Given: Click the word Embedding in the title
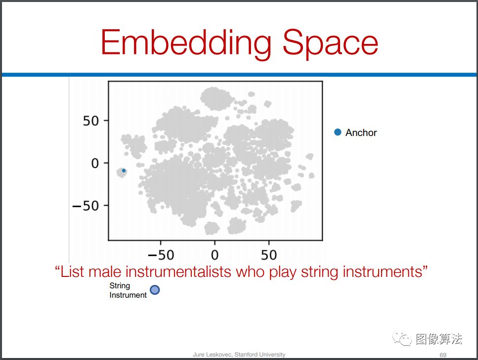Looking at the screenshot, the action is coord(186,43).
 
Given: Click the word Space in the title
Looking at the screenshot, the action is coord(330,43).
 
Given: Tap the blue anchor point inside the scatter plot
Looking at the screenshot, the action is coord(124,171).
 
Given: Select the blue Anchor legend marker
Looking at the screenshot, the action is coord(338,132).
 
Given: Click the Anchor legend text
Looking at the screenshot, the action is coord(361,133).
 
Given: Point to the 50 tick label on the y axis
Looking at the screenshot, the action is coord(91,121).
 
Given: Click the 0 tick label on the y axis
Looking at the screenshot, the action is coord(95,164).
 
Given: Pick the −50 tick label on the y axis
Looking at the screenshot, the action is coord(86,206).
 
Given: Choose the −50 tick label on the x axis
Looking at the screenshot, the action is coord(161,255).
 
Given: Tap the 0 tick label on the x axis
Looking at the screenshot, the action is coord(215,255).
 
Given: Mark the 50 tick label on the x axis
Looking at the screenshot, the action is coord(269,255).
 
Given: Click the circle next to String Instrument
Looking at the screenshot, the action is coord(155,290).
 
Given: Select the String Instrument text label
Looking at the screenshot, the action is coord(128,290).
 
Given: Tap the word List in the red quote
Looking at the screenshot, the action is coord(72,271).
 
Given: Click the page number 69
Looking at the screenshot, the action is coord(443,355).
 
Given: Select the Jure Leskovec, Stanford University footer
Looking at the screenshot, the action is coord(239,355).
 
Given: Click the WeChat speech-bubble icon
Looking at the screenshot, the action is coord(402,338).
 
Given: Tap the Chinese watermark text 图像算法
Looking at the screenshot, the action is coord(439,339).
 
